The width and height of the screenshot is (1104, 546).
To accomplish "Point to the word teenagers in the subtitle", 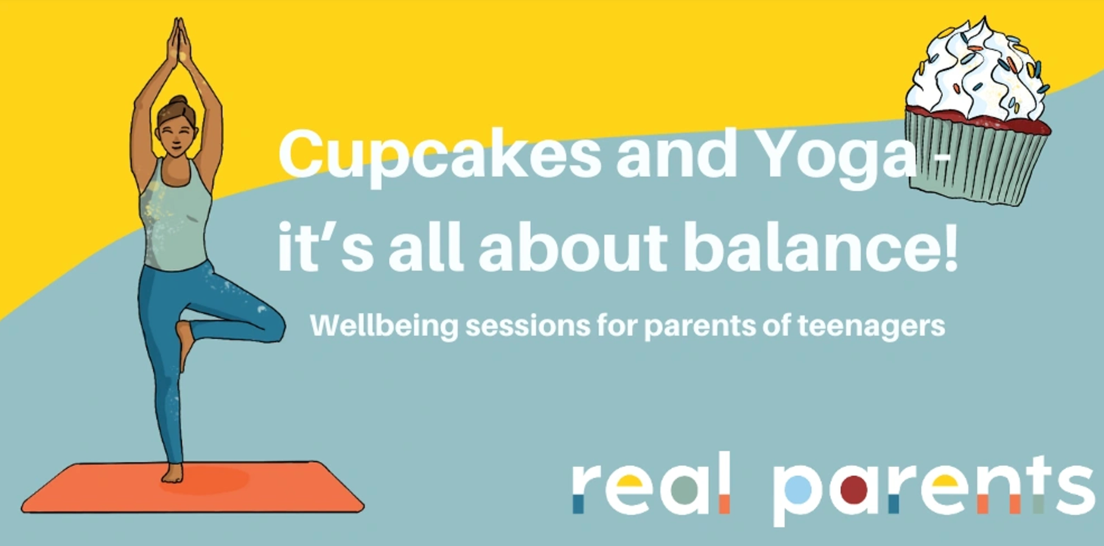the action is [x=871, y=325].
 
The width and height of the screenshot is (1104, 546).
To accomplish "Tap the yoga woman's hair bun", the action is [x=179, y=101].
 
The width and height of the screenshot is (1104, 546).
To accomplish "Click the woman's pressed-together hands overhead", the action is [x=179, y=42].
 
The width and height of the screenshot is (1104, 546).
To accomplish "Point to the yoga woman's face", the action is [x=177, y=135].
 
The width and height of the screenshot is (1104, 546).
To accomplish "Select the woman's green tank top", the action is [x=175, y=217].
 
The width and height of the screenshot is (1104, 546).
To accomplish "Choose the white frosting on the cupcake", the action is [x=977, y=74].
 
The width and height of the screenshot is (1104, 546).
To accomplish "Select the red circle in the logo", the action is [x=853, y=489].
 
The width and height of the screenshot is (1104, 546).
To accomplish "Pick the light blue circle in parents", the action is [x=797, y=489].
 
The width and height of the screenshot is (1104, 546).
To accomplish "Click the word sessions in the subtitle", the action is [x=528, y=325].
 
